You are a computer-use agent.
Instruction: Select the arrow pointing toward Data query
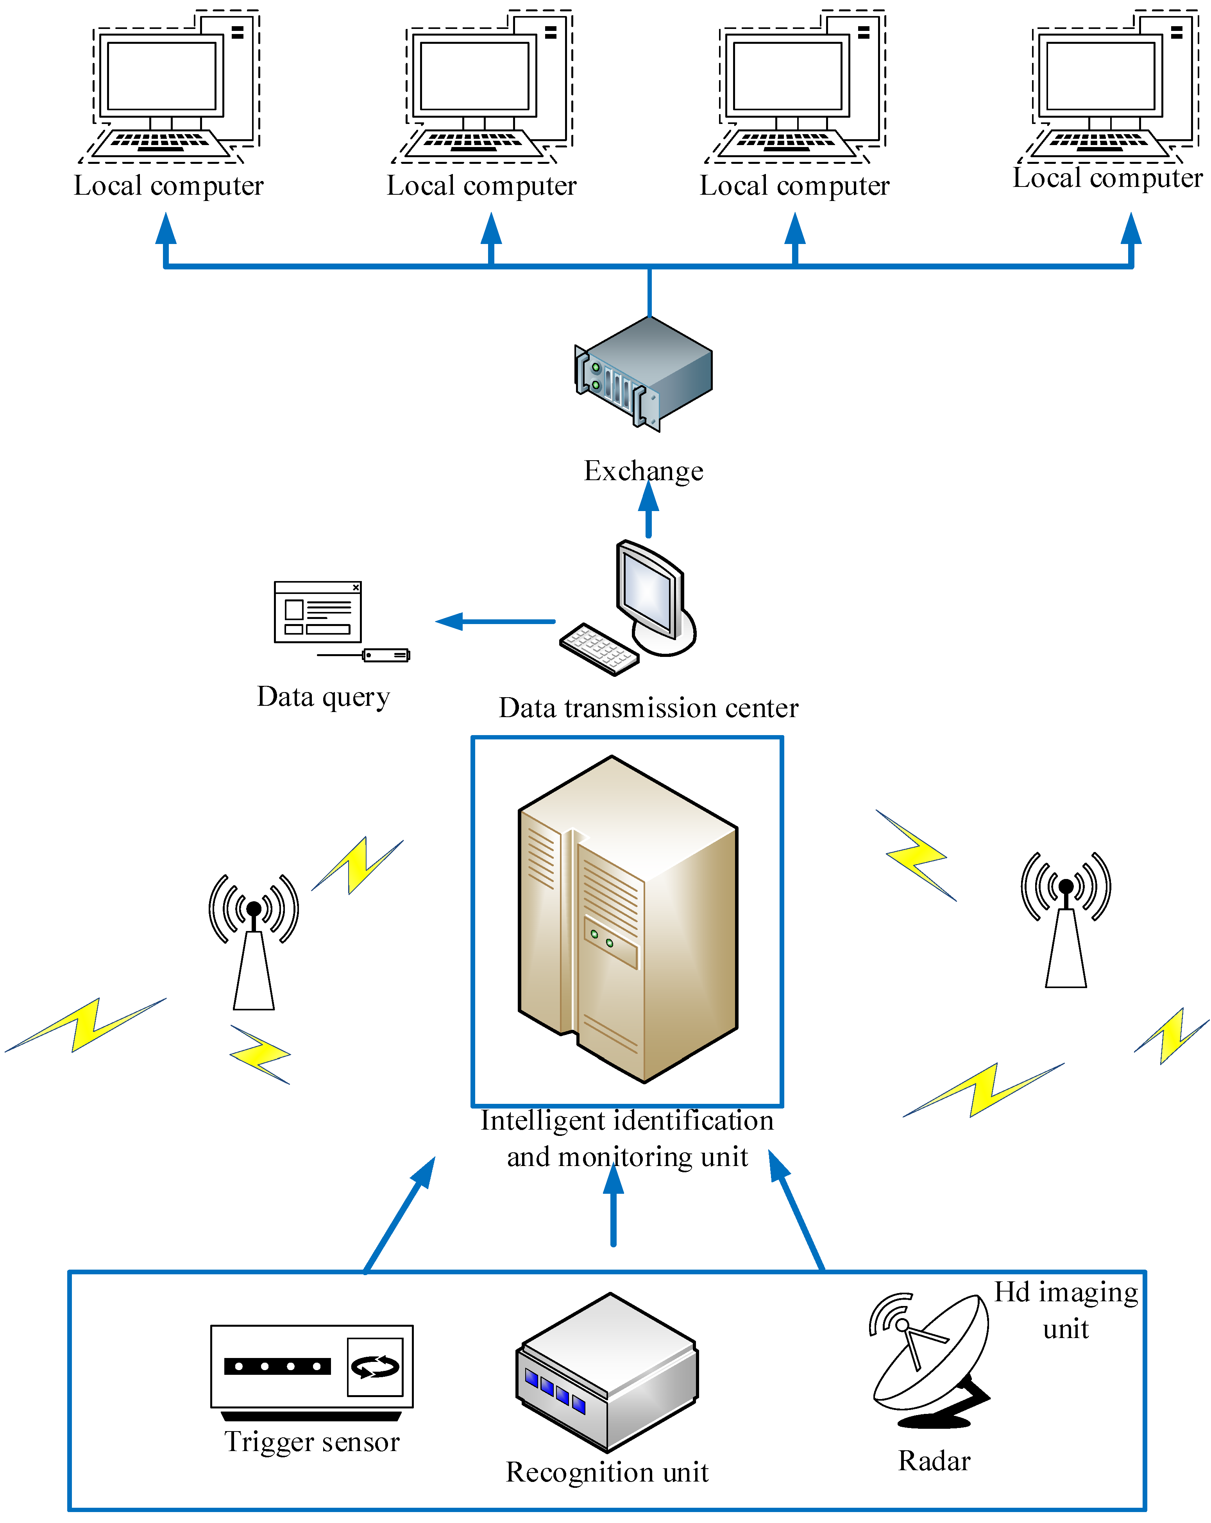point(494,622)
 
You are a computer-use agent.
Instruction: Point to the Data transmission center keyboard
point(599,648)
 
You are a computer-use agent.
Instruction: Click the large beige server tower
point(628,918)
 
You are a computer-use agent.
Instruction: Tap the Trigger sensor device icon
point(311,1371)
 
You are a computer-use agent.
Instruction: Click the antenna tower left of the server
point(254,947)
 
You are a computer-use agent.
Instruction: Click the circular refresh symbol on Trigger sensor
point(375,1367)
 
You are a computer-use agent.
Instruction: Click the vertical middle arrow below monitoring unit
point(613,1208)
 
